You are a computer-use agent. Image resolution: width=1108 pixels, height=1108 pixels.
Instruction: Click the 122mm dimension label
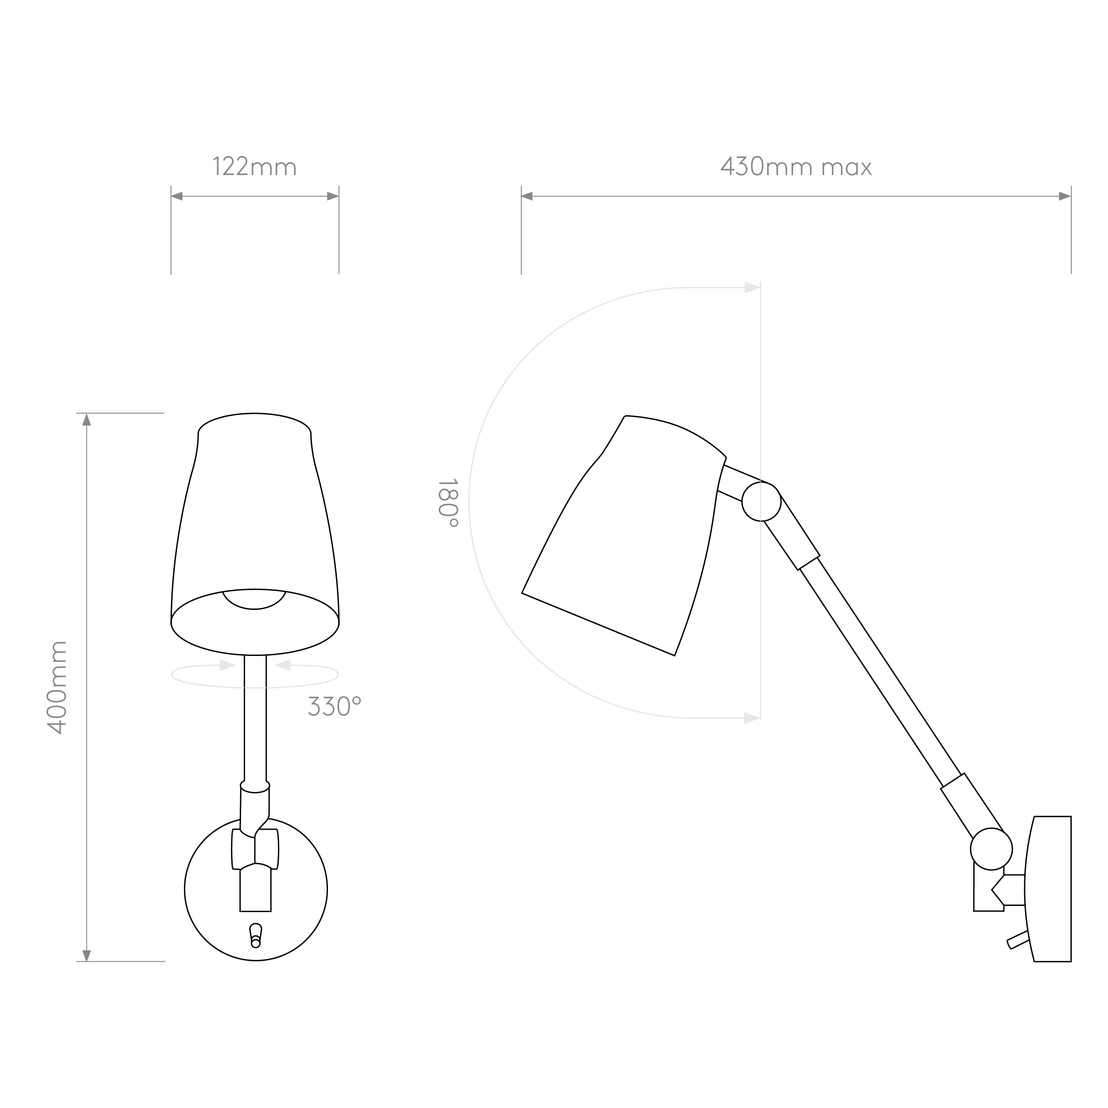coord(255,167)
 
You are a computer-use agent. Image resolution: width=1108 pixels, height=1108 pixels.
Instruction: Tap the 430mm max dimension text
coord(796,167)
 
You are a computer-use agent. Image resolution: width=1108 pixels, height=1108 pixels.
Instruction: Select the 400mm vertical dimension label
coord(57,688)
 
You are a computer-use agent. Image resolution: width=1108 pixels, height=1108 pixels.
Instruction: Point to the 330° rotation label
coord(334,706)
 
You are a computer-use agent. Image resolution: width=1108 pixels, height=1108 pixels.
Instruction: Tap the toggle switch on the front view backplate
coord(256,936)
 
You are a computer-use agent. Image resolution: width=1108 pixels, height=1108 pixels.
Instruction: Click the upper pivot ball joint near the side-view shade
coord(761,501)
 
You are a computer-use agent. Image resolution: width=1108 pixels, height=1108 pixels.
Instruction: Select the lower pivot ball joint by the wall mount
coord(991,849)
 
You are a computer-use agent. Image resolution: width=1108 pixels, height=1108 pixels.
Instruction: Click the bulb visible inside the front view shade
coord(254,599)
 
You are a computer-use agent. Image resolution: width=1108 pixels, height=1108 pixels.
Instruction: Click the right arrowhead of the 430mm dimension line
coord(1065,196)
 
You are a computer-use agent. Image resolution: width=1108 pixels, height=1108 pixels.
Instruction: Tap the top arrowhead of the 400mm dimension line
coord(86,419)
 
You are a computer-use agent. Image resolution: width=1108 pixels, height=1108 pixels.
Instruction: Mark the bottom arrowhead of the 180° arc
coord(752,718)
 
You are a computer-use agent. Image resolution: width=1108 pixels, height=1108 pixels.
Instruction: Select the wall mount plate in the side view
coord(1048,889)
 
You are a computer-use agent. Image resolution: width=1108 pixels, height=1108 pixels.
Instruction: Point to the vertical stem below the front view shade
coord(255,719)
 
